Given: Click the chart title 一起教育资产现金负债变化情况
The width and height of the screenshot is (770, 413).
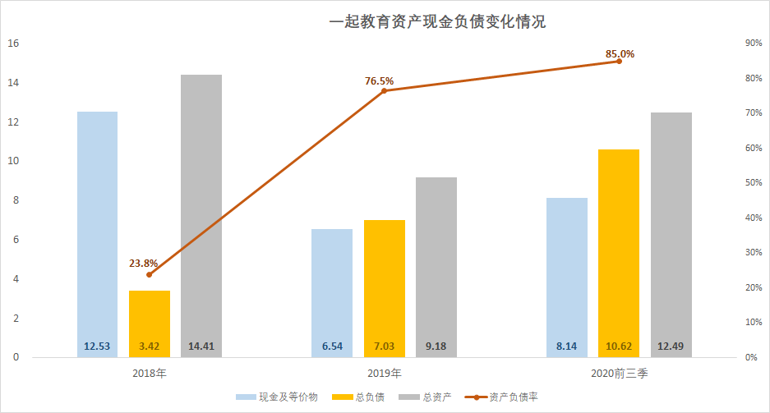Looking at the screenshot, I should (x=437, y=22).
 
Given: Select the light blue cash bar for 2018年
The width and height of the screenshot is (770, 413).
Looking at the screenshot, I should (x=97, y=230).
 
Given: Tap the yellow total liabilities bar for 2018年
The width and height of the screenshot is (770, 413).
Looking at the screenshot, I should (x=150, y=320).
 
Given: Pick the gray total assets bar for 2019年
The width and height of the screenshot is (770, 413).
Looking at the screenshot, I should (x=436, y=263).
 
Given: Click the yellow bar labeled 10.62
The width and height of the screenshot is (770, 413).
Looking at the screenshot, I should (x=619, y=246).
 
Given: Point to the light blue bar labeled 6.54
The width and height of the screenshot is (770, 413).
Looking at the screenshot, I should (x=332, y=287).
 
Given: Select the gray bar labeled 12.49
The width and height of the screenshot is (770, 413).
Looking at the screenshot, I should (x=671, y=230).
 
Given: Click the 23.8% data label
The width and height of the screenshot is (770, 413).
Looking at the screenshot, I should (x=143, y=264).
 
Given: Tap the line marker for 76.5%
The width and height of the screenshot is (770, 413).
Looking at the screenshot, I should (x=384, y=90).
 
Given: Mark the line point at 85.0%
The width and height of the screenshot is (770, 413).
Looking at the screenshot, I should (x=619, y=61).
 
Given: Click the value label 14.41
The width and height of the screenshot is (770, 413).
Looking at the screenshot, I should (x=201, y=346).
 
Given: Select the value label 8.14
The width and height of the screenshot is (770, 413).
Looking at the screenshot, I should (x=567, y=346).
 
